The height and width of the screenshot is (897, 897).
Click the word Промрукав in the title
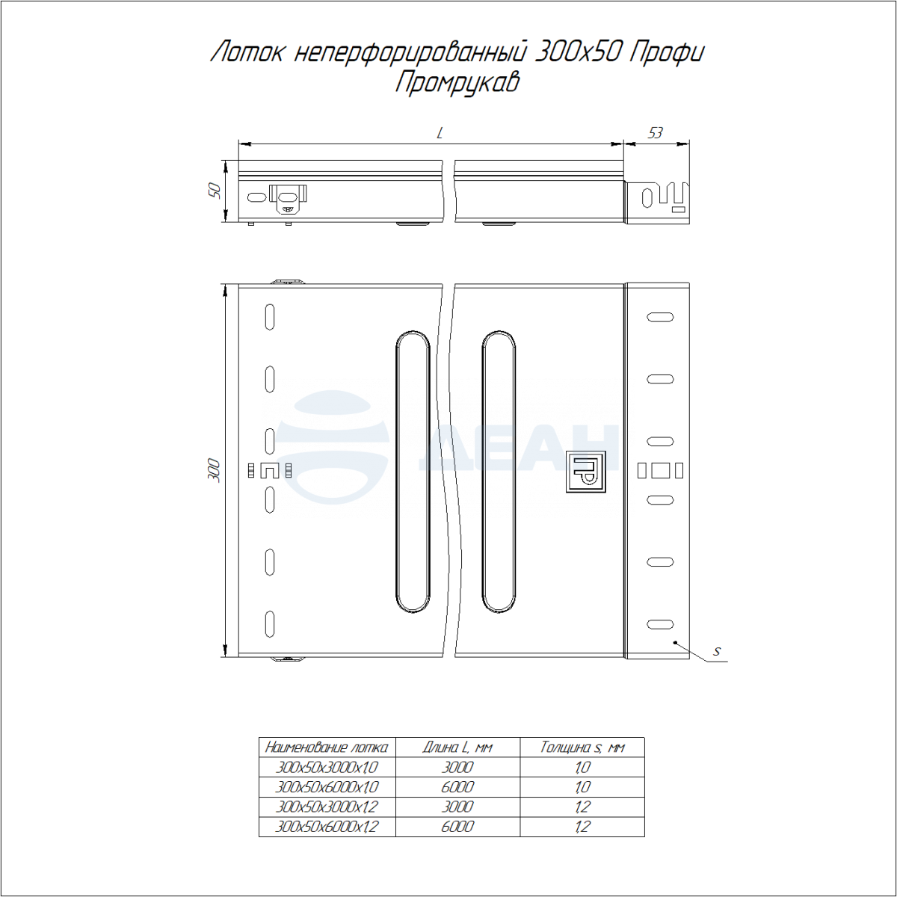pyautogui.click(x=457, y=83)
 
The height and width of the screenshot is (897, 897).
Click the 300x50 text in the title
pyautogui.click(x=577, y=52)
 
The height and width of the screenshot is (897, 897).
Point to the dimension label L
pyautogui.click(x=440, y=133)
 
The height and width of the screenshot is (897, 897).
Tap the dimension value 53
pyautogui.click(x=655, y=133)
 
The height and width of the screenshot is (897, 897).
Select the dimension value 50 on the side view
pyautogui.click(x=215, y=191)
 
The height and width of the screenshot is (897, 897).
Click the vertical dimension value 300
pyautogui.click(x=215, y=470)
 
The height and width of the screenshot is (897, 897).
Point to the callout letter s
pyautogui.click(x=717, y=651)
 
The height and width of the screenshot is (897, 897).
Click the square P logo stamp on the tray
pyautogui.click(x=586, y=471)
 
